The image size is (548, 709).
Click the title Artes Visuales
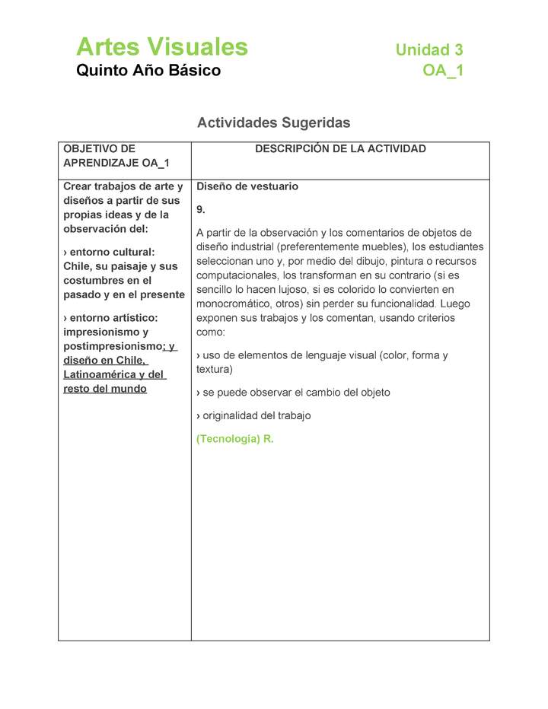click(162, 47)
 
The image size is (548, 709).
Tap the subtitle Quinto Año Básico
click(148, 71)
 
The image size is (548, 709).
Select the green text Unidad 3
click(429, 50)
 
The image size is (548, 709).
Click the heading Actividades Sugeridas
click(273, 122)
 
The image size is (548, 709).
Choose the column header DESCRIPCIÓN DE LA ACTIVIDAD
click(340, 149)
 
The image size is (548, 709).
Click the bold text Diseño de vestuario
click(247, 186)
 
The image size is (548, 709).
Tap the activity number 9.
click(201, 209)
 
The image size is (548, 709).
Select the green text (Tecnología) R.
click(234, 440)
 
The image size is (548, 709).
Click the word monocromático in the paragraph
click(232, 304)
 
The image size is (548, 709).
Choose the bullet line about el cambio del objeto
click(293, 393)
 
